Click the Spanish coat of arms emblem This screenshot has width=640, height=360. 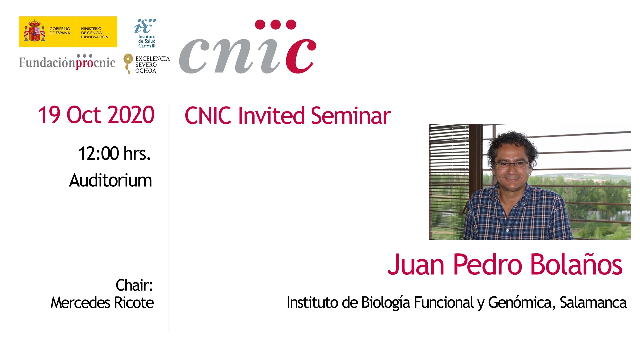point(34,31)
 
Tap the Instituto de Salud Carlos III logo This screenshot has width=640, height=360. point(146,33)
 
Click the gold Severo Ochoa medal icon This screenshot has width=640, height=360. point(128,63)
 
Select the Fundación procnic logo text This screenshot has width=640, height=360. point(67,62)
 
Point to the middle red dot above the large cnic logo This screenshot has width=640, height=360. point(276,25)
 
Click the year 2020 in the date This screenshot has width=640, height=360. point(131,115)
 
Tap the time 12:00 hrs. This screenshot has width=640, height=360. point(114,154)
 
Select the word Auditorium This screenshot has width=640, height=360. point(110,180)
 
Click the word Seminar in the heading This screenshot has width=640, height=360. point(351,116)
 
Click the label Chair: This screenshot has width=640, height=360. point(134,285)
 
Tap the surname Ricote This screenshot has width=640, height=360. point(134,303)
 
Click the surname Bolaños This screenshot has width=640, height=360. point(576,264)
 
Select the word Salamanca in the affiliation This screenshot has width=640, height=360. point(593,303)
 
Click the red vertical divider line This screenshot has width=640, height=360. point(169,218)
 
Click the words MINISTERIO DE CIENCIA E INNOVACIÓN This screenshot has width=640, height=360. point(95,33)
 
